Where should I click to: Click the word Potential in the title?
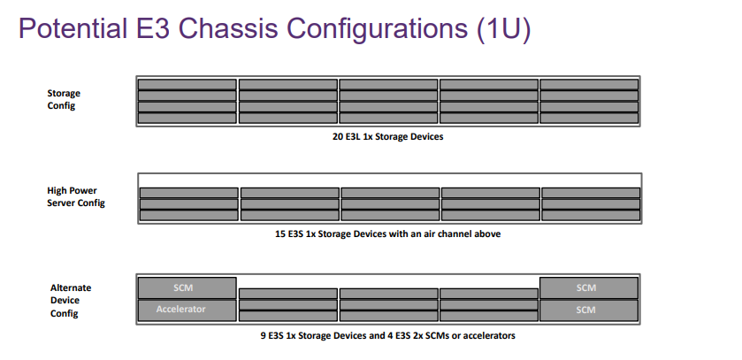pyautogui.click(x=73, y=28)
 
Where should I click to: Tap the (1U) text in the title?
pyautogui.click(x=504, y=29)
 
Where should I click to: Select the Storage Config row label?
pyautogui.click(x=64, y=99)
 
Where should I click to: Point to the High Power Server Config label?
pyautogui.click(x=76, y=196)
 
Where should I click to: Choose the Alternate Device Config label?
pyautogui.click(x=71, y=301)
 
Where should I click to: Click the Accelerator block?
pyautogui.click(x=187, y=310)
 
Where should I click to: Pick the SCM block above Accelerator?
pyautogui.click(x=187, y=288)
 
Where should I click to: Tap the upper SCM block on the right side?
pyautogui.click(x=589, y=288)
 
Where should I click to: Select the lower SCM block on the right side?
pyautogui.click(x=589, y=310)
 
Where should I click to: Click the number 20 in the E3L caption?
pyautogui.click(x=338, y=137)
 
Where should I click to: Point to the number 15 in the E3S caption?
pyautogui.click(x=280, y=234)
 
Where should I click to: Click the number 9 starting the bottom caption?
pyautogui.click(x=264, y=336)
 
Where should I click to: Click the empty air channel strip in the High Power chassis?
pyautogui.click(x=390, y=180)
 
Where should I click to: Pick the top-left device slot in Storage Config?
pyautogui.click(x=187, y=85)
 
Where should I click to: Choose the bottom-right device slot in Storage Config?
pyautogui.click(x=589, y=118)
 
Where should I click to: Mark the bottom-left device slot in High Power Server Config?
pyautogui.click(x=188, y=215)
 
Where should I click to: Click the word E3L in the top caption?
pyautogui.click(x=353, y=137)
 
